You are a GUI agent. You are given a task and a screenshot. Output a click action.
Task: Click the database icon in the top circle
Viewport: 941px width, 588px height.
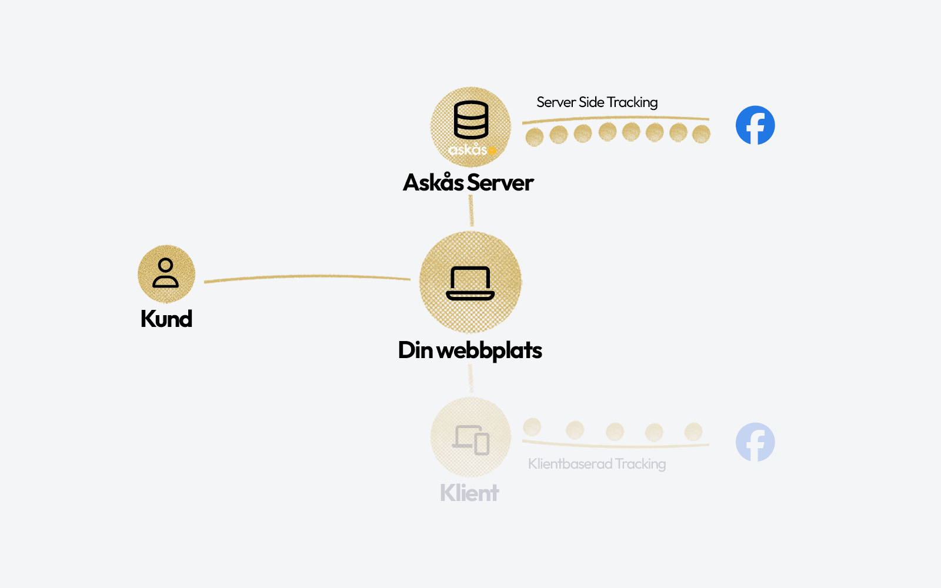point(470,119)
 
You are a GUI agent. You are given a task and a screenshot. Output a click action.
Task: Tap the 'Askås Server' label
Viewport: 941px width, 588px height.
point(468,182)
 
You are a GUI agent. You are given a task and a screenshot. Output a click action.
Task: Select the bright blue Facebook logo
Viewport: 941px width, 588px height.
point(755,125)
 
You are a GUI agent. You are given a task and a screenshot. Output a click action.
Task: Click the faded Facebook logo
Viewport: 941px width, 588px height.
point(755,442)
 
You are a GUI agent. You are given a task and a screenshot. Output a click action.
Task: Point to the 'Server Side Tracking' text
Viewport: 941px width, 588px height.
point(597,102)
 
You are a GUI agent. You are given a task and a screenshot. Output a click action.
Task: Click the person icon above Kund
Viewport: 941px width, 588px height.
point(166,273)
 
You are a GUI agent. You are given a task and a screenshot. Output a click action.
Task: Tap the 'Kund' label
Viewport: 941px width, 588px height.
point(166,319)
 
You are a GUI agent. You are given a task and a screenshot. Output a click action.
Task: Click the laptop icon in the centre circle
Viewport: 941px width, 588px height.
point(470,283)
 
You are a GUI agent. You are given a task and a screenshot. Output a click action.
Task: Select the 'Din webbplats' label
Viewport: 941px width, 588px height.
point(470,350)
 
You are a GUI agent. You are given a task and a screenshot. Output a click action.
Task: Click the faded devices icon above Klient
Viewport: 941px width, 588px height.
point(471,440)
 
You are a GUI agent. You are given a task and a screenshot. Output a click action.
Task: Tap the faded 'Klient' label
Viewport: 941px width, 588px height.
point(469,493)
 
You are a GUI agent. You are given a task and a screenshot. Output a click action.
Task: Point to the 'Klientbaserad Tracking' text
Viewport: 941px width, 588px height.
point(597,464)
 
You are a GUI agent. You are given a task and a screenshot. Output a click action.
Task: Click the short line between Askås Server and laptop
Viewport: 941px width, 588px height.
point(471,211)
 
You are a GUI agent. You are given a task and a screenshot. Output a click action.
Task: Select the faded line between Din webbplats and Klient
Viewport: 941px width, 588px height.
point(470,378)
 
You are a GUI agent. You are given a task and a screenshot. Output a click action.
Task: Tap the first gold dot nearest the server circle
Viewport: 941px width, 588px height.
point(535,137)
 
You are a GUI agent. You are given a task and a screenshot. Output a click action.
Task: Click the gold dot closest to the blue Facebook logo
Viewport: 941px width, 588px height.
point(701,135)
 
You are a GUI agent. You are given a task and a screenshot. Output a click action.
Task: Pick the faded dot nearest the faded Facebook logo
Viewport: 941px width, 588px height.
point(693,431)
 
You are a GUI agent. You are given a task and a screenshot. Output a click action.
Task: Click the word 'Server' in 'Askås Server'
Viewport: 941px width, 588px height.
point(500,183)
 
